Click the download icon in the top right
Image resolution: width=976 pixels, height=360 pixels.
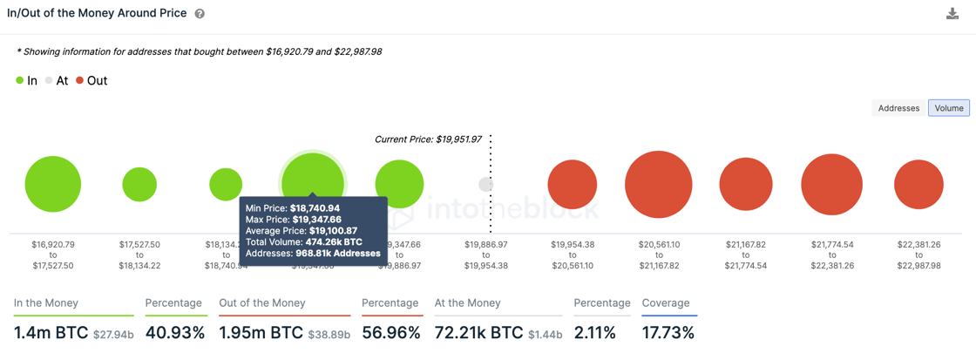tap(952, 14)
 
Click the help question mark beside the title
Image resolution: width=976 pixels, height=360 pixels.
tap(200, 14)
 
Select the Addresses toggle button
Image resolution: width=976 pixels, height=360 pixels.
tap(898, 108)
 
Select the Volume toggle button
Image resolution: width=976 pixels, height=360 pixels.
tap(949, 108)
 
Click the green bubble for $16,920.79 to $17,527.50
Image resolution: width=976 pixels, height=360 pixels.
tap(53, 185)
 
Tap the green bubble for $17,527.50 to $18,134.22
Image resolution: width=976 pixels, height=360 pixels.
tap(139, 185)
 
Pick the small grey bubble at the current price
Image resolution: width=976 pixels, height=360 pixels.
tap(485, 184)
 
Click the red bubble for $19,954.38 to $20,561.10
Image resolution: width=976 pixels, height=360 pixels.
tap(573, 185)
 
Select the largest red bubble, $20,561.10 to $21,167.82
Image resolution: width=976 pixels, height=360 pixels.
tap(659, 185)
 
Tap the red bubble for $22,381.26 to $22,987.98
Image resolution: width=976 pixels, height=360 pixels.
tap(918, 185)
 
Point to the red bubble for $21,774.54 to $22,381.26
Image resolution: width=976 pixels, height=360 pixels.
tap(831, 185)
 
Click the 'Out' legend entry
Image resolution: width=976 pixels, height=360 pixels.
tap(91, 81)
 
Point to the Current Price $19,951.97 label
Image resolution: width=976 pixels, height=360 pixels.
tap(428, 139)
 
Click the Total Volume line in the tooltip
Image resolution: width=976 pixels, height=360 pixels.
tap(303, 241)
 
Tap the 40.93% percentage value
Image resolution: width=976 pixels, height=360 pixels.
tap(175, 333)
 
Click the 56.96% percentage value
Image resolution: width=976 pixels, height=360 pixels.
tap(391, 333)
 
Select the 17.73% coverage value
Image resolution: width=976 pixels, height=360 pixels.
tap(668, 333)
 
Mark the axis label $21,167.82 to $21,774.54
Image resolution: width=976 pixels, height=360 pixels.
tap(745, 255)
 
